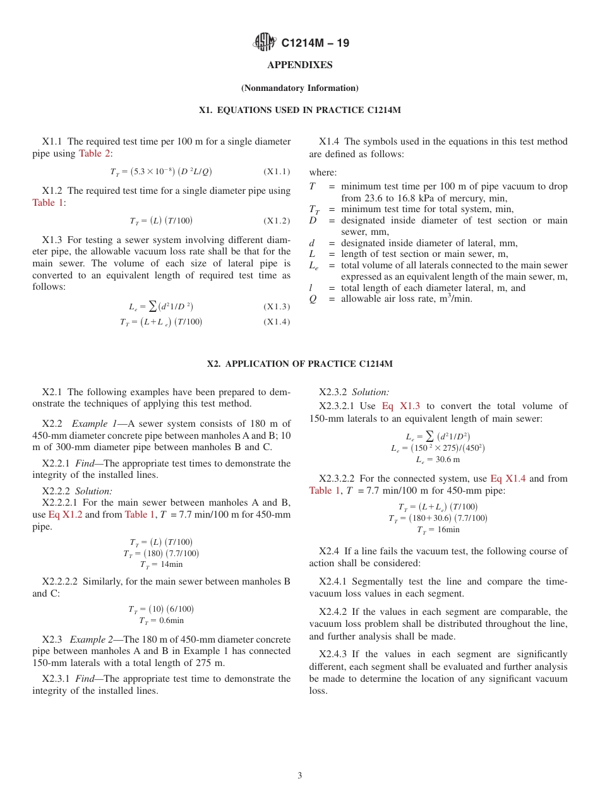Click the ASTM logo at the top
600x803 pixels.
(264, 42)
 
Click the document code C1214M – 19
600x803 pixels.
(315, 43)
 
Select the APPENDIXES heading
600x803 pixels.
(299, 65)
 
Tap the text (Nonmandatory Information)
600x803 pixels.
(299, 88)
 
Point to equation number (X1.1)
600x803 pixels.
(277, 172)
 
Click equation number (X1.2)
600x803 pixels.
(277, 221)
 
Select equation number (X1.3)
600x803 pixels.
(277, 307)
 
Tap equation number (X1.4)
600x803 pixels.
(277, 322)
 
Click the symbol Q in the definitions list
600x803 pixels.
(313, 299)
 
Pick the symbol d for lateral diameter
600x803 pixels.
(311, 243)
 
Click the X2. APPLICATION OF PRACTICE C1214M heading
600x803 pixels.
(299, 364)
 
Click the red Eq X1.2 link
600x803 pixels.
(66, 515)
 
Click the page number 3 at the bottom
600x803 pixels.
(299, 776)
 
